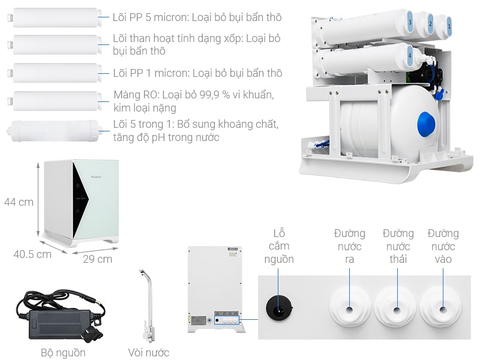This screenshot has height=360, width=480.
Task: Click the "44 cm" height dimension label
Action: (x=19, y=202)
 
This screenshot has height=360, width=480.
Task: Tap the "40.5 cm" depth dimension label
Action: (x=32, y=254)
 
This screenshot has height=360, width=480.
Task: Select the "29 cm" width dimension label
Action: (x=97, y=259)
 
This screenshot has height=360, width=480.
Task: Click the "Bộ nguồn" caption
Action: (x=63, y=353)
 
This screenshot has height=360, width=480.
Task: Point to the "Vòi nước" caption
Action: (x=149, y=353)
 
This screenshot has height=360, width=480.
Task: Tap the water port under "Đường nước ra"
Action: (x=349, y=310)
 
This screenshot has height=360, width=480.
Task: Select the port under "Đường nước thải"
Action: (x=396, y=310)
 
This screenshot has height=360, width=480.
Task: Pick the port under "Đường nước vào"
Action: (x=443, y=310)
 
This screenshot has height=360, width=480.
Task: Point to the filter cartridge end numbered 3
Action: (x=410, y=22)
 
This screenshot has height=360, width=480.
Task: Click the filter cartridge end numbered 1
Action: (x=449, y=27)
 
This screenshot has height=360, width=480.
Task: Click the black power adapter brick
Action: (x=58, y=316)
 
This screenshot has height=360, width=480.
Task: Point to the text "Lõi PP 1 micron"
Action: (x=151, y=73)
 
